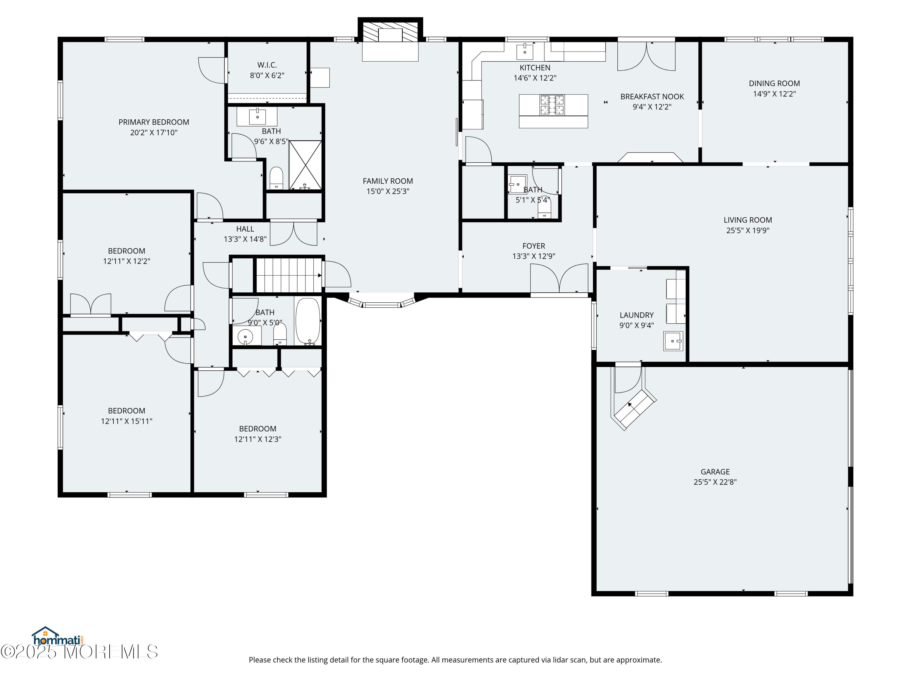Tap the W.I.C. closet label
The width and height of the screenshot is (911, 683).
click(x=267, y=65)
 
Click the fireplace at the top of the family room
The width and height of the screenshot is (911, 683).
click(x=390, y=40)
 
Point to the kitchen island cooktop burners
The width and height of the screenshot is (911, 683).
click(x=552, y=105)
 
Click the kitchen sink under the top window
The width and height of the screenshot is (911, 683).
click(x=525, y=52)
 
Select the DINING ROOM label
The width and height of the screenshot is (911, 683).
click(x=774, y=83)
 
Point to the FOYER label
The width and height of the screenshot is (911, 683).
click(x=534, y=246)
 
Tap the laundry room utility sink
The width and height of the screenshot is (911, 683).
click(x=673, y=341)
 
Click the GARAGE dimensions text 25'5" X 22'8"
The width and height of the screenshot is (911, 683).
click(x=715, y=482)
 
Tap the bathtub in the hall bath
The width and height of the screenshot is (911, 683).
click(x=308, y=321)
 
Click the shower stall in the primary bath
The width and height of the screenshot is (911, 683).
click(x=305, y=165)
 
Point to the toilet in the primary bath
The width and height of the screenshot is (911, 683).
click(x=276, y=178)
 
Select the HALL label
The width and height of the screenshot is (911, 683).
click(x=245, y=229)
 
